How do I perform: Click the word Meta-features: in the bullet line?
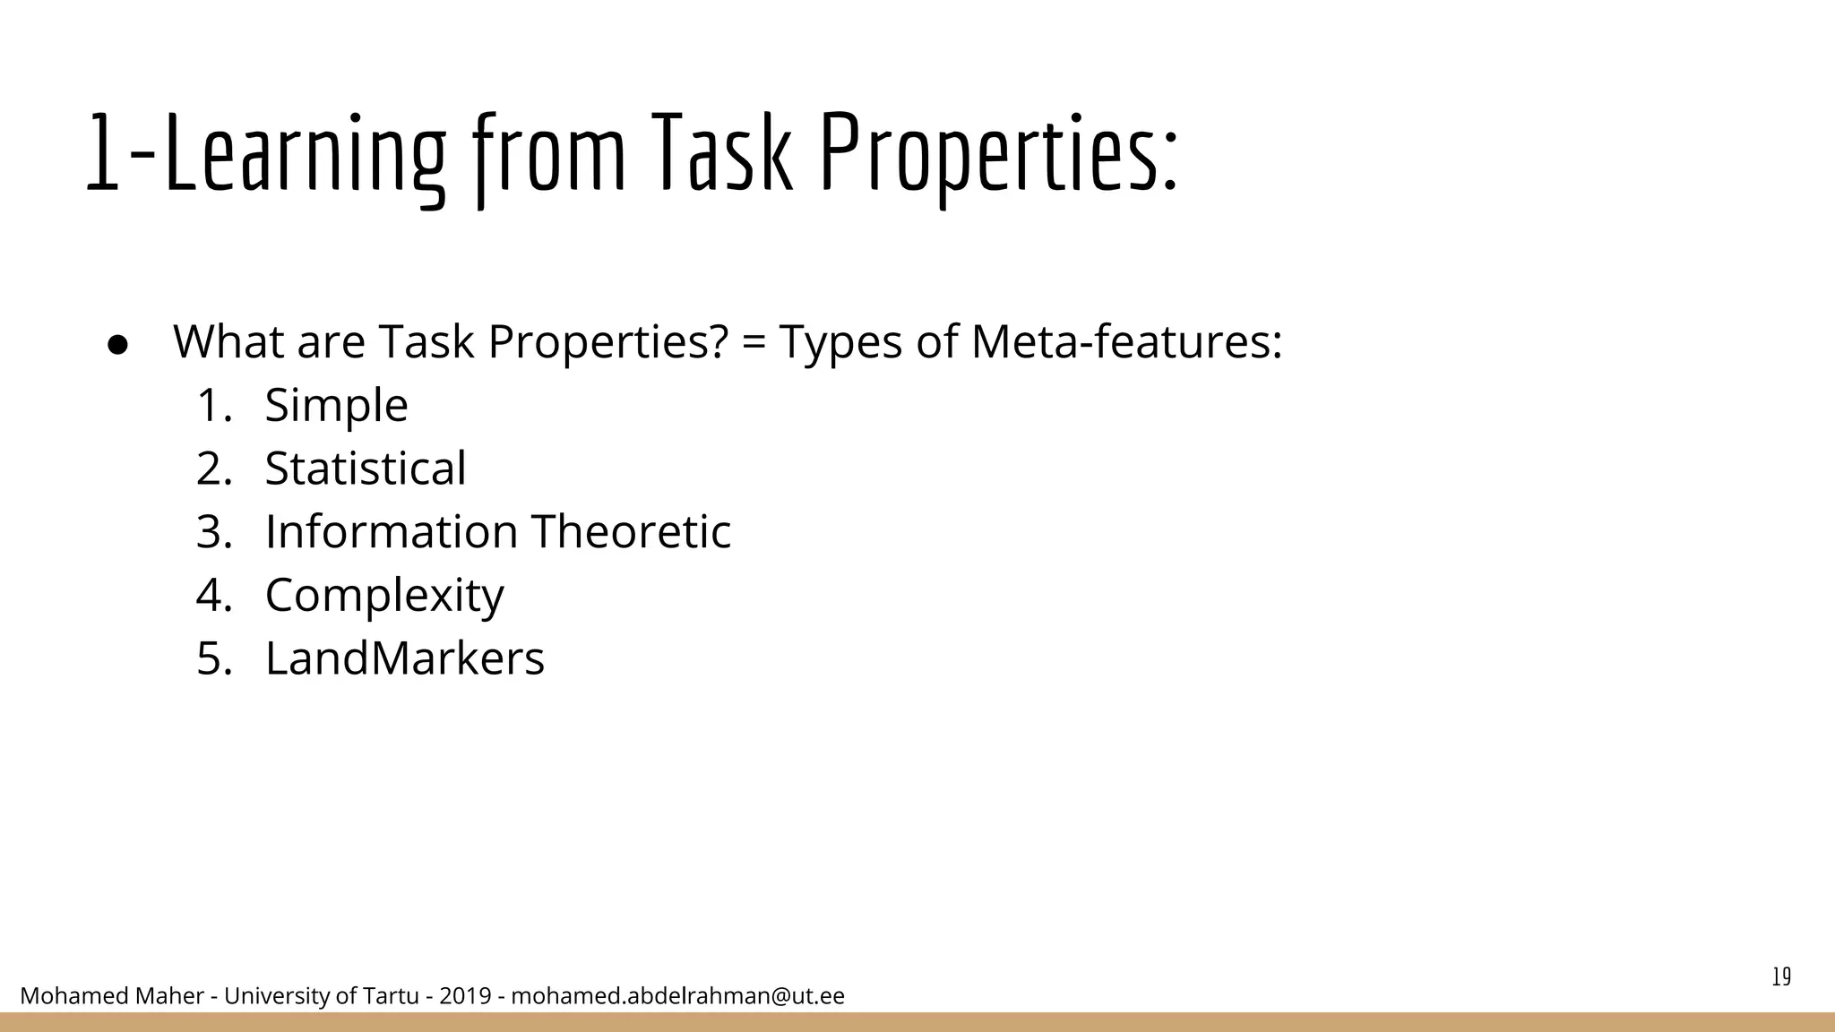point(1126,342)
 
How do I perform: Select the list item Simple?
point(336,406)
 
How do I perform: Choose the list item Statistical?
point(366,469)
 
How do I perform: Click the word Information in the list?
point(391,532)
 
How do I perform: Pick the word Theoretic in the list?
point(631,532)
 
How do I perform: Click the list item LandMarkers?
point(404,658)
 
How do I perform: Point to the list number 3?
point(213,532)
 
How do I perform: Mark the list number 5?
point(213,659)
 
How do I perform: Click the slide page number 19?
point(1781,977)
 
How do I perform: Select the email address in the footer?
point(677,996)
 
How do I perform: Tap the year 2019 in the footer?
point(465,996)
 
